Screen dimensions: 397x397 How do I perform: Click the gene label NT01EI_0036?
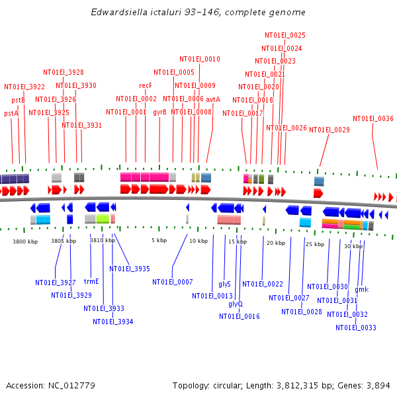[373, 119]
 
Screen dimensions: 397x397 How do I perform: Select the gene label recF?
[146, 86]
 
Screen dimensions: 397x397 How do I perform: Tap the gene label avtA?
[213, 99]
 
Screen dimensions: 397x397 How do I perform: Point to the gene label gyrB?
[159, 112]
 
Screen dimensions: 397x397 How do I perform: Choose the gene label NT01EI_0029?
[330, 130]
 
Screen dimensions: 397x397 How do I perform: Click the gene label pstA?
[11, 114]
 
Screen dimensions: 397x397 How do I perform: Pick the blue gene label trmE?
[91, 281]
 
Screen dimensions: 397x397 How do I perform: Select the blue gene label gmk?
[361, 289]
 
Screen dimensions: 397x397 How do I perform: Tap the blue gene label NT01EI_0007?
[173, 282]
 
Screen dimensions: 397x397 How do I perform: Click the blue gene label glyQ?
[236, 304]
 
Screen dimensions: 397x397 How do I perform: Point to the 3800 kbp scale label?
[25, 242]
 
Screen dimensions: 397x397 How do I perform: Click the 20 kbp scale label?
[275, 243]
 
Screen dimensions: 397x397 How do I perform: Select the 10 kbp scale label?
[198, 241]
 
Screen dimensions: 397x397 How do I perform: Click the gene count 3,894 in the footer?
[377, 385]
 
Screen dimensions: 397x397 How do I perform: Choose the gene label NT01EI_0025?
[285, 35]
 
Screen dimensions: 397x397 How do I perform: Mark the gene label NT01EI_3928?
[64, 73]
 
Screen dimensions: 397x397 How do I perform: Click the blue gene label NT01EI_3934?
[113, 322]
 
